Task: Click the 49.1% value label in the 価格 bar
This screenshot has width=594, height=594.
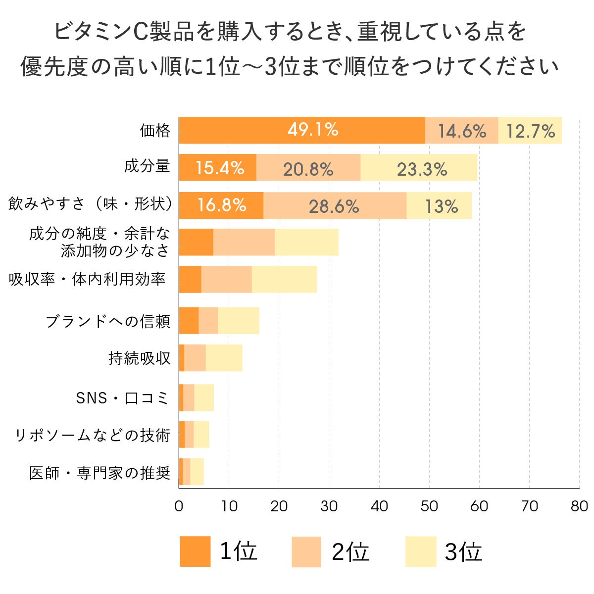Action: coord(313,130)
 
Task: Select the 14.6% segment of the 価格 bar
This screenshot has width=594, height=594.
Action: coord(462,131)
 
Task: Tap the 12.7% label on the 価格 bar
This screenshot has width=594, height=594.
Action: coord(530,131)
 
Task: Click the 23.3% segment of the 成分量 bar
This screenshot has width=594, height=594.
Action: coord(421,169)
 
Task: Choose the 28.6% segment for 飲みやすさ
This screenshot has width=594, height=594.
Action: coord(334,206)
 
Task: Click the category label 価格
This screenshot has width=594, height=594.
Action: coord(155,131)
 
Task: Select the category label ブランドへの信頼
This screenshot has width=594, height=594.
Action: coord(108,321)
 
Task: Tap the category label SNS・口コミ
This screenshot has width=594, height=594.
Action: coord(123,398)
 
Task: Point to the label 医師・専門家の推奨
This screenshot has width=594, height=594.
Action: coord(100,473)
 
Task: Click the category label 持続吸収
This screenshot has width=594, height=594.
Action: coord(139,358)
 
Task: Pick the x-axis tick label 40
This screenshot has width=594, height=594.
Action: coord(379,506)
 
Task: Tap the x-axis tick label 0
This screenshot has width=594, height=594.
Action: coord(179,506)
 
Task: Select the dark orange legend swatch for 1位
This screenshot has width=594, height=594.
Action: coord(195,551)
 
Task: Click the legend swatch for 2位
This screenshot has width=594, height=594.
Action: coord(306,551)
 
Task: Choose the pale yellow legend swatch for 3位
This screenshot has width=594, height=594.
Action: coord(420,551)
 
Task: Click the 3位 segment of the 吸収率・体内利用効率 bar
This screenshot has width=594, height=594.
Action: coord(284,279)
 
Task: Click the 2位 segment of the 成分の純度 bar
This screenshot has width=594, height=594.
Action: coord(244,242)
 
